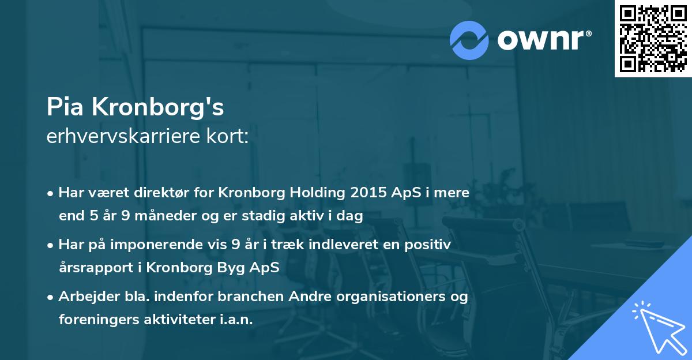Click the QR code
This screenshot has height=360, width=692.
653,38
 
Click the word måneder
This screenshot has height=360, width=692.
161,216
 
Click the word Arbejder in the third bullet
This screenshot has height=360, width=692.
85,297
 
